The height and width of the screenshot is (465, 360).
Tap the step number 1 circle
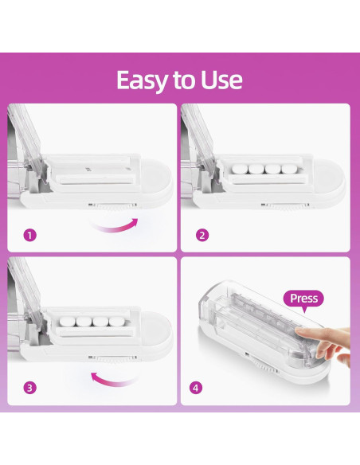tap(30, 236)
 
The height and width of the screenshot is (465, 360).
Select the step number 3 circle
tap(30, 388)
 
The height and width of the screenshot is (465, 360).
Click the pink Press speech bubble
tap(303, 299)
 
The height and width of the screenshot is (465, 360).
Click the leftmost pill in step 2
tap(237, 170)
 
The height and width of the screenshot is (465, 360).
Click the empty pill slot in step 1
tap(88, 170)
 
